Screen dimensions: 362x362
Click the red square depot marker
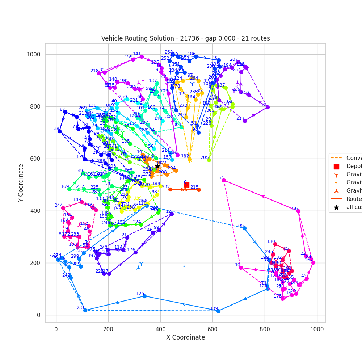(x=186, y=185)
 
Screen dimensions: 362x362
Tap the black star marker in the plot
(x=157, y=166)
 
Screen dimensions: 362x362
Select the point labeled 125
(x=144, y=296)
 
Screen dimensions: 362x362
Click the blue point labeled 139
(x=218, y=311)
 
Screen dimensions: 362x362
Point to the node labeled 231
(x=85, y=310)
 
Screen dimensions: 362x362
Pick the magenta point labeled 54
(x=224, y=180)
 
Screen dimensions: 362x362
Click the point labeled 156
(x=298, y=211)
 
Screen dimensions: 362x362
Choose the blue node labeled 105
(x=244, y=228)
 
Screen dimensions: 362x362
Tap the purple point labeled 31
(x=268, y=107)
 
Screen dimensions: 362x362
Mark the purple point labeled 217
(x=245, y=121)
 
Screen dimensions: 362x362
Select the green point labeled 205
(x=209, y=160)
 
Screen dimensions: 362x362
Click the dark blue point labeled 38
(x=59, y=131)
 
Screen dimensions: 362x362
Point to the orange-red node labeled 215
(x=199, y=190)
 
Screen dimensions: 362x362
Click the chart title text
(x=185, y=38)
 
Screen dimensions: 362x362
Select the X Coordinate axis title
(x=185, y=337)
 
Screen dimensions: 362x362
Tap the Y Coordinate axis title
(x=21, y=183)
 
